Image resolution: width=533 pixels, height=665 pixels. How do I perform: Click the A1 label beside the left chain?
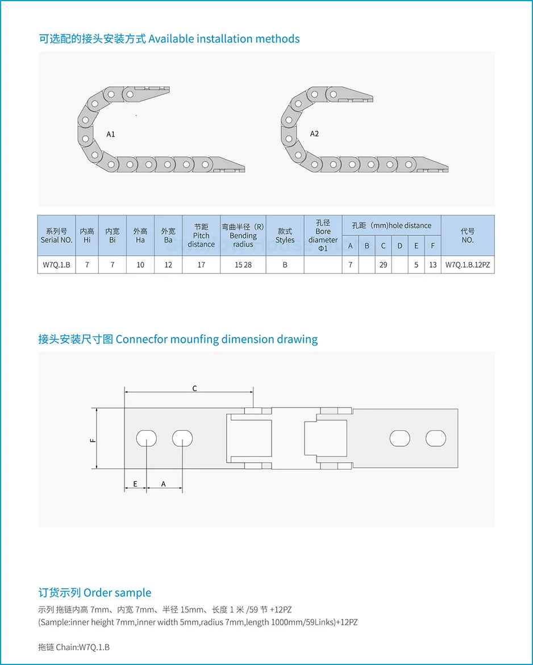point(111,134)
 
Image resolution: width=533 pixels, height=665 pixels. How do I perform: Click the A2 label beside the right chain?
point(314,134)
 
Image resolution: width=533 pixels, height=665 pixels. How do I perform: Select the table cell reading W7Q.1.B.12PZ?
point(468,265)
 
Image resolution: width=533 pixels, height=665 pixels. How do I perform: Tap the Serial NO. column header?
point(57,236)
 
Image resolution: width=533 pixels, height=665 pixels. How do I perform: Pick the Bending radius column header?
point(243,236)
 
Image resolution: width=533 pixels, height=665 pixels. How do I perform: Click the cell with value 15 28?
point(243,265)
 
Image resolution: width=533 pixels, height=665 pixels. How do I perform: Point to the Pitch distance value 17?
point(201,265)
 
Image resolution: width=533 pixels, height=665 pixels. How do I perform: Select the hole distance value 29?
point(384,265)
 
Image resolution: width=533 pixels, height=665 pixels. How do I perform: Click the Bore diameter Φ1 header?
point(323,236)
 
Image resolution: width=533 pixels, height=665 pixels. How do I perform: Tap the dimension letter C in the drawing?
point(194,389)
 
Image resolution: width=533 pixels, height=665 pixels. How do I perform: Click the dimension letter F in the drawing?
point(93,439)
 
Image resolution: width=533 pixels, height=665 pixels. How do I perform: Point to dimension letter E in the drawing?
point(135,484)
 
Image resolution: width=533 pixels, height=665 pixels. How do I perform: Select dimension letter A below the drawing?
point(164,484)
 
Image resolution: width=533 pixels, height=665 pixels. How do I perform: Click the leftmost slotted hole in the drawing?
point(147,438)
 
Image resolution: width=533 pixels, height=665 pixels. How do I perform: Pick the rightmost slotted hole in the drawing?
point(436,438)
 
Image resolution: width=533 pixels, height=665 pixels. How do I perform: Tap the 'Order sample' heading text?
point(117,593)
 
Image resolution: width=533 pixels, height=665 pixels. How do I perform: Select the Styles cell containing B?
point(285,265)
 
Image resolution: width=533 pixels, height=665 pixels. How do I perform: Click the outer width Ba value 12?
point(168,265)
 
